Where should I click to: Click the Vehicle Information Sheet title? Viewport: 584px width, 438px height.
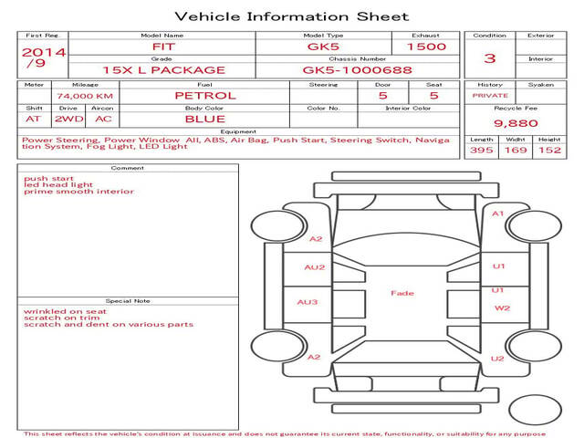[292, 16]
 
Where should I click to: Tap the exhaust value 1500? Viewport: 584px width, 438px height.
[426, 47]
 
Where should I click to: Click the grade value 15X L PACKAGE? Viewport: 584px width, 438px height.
[163, 70]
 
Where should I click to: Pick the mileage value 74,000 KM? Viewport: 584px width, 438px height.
[85, 96]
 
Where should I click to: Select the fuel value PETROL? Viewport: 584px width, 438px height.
[205, 96]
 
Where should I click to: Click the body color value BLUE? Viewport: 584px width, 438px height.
[205, 119]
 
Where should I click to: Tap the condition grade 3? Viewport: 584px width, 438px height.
[490, 58]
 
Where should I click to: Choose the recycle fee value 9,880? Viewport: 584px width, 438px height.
[516, 122]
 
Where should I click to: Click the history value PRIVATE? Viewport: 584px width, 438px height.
[490, 95]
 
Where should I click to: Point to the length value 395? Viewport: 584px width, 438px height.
[481, 150]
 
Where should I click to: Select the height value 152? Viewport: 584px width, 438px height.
[549, 150]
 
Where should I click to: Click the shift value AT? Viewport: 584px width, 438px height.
[33, 119]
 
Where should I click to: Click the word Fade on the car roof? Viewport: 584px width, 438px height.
[401, 293]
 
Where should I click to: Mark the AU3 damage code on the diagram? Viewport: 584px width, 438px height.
[308, 302]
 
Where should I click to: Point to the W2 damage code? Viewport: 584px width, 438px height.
[502, 308]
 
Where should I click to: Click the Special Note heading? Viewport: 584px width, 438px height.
[127, 300]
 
